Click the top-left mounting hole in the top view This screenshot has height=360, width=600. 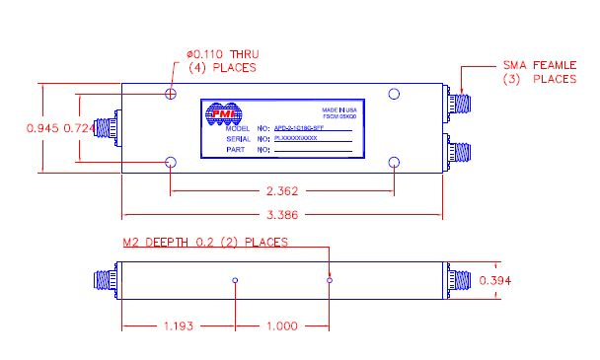click(x=171, y=94)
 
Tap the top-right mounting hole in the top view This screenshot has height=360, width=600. click(x=394, y=94)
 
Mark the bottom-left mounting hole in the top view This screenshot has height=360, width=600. click(x=171, y=163)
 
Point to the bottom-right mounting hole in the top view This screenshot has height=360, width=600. click(x=394, y=163)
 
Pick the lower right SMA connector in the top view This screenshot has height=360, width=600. click(x=458, y=152)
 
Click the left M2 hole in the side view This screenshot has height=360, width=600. click(x=235, y=281)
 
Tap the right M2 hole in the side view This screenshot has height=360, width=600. click(x=330, y=281)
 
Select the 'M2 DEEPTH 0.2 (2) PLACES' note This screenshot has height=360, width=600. click(x=204, y=242)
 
